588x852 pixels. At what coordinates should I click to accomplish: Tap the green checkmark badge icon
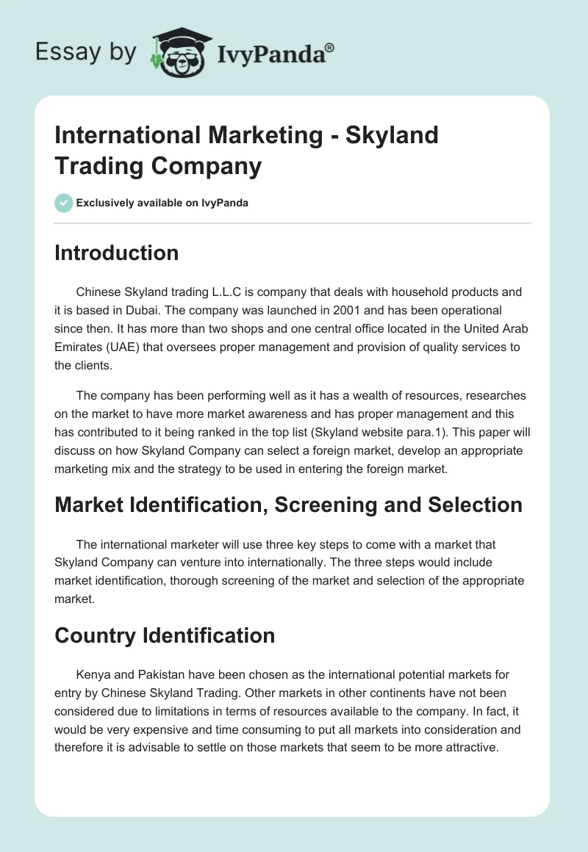(x=64, y=203)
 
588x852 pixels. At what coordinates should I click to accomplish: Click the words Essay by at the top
(x=85, y=52)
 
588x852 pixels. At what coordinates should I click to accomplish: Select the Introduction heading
(x=116, y=253)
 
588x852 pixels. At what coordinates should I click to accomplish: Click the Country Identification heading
(x=165, y=635)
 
